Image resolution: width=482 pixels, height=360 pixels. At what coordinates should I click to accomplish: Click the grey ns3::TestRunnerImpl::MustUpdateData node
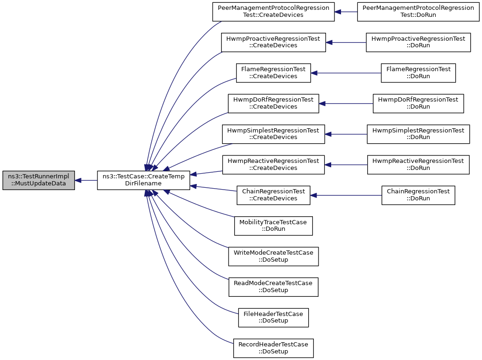tap(38, 180)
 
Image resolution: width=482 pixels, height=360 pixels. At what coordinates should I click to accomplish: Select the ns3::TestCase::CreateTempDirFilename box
tap(143, 180)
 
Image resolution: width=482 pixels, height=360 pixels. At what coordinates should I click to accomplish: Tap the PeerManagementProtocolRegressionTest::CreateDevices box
tap(273, 12)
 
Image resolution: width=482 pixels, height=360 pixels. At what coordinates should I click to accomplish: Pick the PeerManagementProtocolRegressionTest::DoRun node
tap(418, 12)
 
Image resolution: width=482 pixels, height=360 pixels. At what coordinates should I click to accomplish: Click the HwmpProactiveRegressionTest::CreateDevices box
tap(273, 43)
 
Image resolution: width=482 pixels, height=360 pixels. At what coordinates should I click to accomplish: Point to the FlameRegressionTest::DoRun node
tap(418, 73)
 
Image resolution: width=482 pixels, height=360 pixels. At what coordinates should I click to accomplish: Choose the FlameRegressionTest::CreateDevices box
tap(273, 73)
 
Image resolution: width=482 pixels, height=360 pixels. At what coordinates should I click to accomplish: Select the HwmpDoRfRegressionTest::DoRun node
tap(418, 103)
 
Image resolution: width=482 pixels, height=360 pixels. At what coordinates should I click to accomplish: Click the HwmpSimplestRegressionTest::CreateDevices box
tap(273, 134)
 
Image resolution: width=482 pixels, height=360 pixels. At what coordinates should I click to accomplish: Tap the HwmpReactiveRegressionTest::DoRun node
tap(418, 165)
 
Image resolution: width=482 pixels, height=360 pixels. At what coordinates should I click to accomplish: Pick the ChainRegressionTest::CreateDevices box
tap(273, 195)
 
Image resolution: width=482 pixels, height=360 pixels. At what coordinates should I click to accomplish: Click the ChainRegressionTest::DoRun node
tap(418, 195)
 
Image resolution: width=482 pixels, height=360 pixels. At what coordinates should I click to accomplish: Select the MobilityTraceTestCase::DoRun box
tap(273, 226)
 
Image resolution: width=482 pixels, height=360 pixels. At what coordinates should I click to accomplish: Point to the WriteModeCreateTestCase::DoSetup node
tap(273, 257)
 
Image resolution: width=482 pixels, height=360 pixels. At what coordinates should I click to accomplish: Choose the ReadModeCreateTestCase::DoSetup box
tap(273, 287)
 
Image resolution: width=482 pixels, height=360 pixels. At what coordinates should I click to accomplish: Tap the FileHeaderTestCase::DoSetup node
tap(273, 317)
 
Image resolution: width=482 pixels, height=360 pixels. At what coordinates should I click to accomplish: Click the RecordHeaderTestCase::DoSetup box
tap(273, 348)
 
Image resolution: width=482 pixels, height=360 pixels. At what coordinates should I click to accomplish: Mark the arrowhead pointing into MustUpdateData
tap(78, 180)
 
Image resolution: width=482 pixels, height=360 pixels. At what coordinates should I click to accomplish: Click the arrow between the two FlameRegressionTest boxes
tap(346, 73)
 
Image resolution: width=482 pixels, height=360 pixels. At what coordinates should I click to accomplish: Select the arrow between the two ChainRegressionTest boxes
tap(346, 195)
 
